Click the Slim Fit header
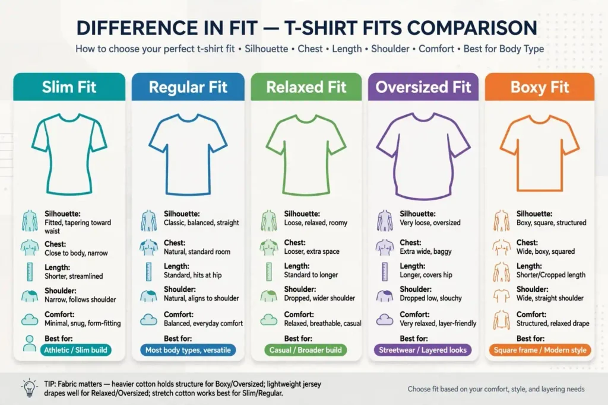coord(69,87)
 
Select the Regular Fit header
coord(188,87)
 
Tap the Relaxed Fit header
coord(306,87)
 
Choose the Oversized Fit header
coord(423,87)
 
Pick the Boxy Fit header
coord(540,87)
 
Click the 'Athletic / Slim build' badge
coord(75,350)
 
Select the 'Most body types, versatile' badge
coord(188,350)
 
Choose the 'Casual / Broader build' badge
coord(306,350)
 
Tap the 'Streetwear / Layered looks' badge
coord(423,350)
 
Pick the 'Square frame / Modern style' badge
coord(540,350)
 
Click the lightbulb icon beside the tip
coord(30,388)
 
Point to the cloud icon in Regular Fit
coord(148,320)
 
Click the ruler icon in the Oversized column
coord(384,272)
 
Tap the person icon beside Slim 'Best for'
coord(30,343)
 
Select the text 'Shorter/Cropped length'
coord(550,275)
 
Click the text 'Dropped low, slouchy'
coord(431,298)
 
